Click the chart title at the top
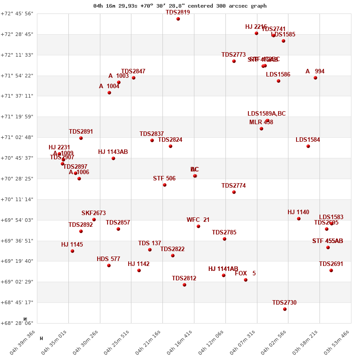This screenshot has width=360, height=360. [180, 6]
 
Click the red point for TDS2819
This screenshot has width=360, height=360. [178, 19]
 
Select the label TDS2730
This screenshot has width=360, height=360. [284, 303]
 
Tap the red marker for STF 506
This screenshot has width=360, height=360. [165, 185]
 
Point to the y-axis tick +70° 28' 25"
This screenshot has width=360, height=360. [17, 179]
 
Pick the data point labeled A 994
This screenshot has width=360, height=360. [315, 78]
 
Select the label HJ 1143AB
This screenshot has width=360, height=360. [113, 152]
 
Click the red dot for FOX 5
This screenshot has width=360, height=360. [246, 280]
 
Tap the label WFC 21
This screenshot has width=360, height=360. [198, 220]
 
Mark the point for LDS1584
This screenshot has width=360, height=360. [308, 146]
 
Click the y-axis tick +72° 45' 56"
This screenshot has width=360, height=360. [17, 13]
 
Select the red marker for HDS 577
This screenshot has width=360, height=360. [109, 265]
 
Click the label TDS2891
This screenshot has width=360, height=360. [81, 132]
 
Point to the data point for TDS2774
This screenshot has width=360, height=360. [234, 192]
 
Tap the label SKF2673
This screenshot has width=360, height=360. [94, 213]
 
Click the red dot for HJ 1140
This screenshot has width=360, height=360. [299, 219]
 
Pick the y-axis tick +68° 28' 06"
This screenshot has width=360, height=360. [17, 323]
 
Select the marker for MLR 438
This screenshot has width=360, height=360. [261, 129]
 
